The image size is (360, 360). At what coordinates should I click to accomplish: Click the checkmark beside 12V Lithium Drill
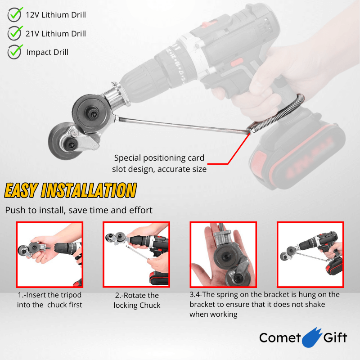pos(15,15)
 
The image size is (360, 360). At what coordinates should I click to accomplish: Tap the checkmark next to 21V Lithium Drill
pos(15,33)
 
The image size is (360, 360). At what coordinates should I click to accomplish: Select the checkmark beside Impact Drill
pos(15,52)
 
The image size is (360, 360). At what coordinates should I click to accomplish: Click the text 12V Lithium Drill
pos(56,15)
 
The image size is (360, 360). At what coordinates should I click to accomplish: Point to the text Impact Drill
pos(47,52)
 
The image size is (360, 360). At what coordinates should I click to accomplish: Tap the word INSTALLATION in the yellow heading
pos(88,190)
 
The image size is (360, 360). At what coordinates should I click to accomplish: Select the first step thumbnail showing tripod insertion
pos(49,255)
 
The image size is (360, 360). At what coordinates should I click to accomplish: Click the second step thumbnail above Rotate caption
pos(136,255)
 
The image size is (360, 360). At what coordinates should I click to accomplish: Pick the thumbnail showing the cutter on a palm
pos(223,255)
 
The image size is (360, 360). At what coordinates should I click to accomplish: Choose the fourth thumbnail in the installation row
pos(310,255)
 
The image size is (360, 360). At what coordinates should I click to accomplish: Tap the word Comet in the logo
pos(279,338)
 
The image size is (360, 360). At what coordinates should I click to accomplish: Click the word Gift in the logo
pos(335,338)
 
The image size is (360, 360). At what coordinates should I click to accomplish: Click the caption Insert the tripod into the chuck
pos(49,300)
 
